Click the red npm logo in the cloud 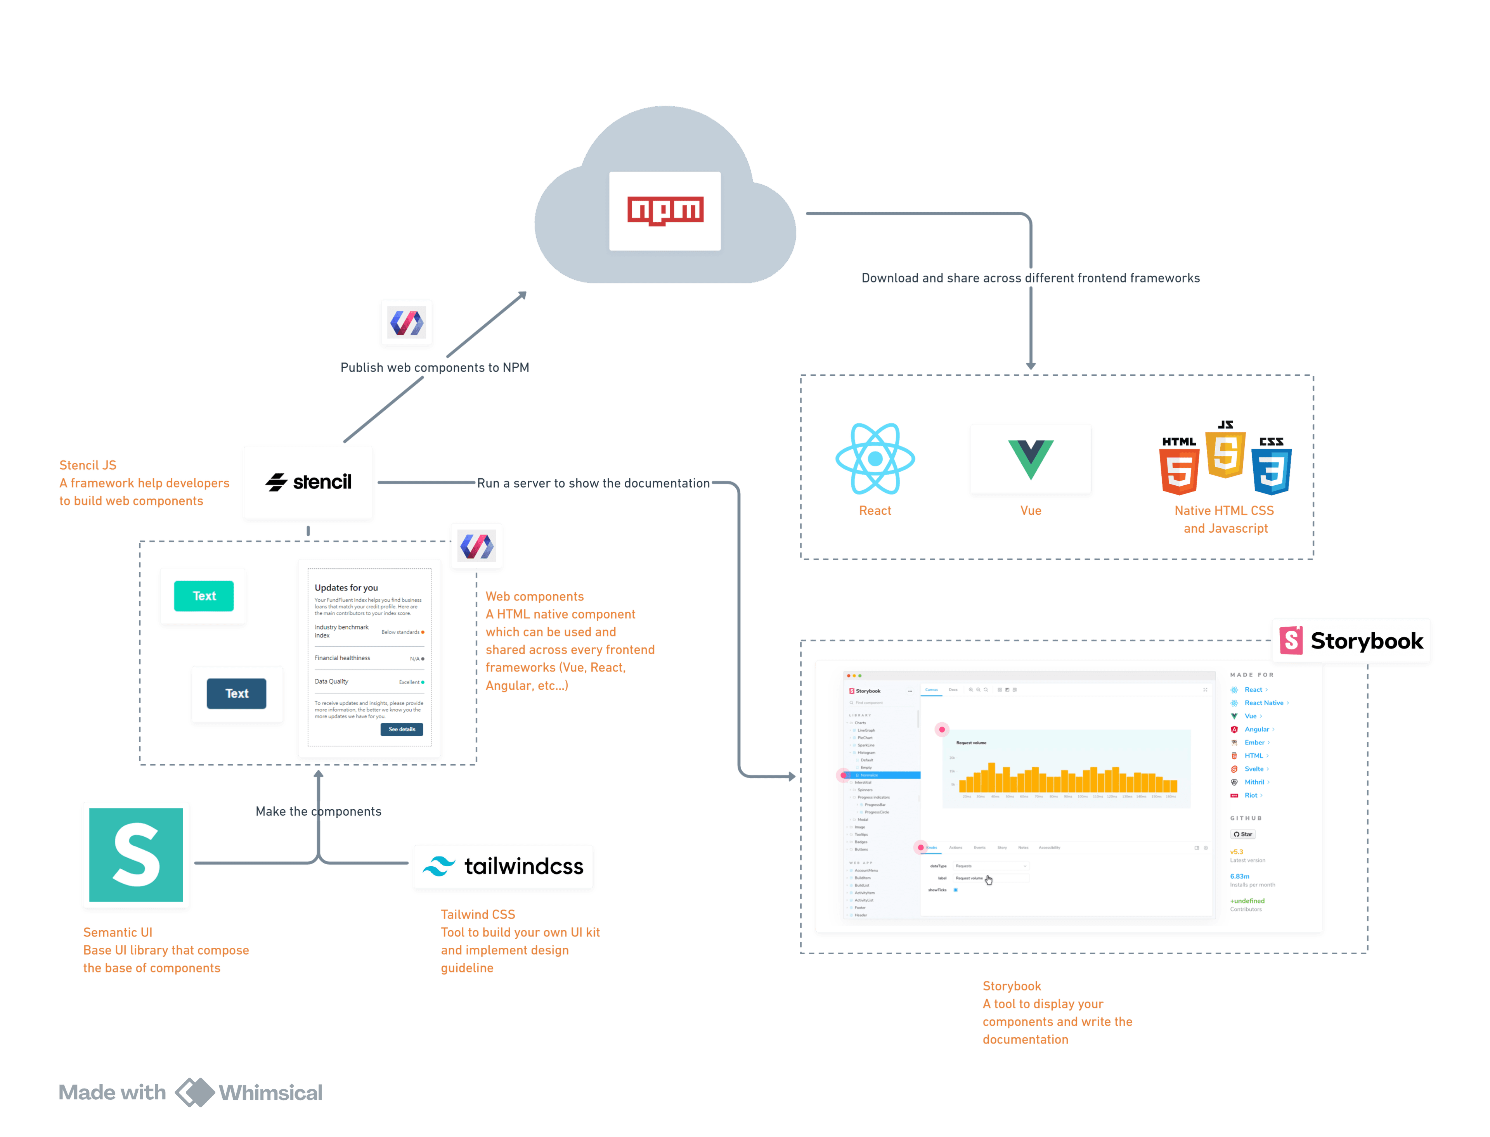click(x=665, y=211)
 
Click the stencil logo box click(x=308, y=483)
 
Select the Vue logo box click(x=1030, y=460)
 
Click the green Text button click(x=204, y=595)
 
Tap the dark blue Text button click(x=236, y=694)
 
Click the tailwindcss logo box click(x=503, y=867)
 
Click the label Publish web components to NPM click(x=434, y=367)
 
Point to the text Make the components click(x=318, y=812)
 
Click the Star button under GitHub click(x=1243, y=834)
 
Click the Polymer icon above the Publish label click(x=406, y=323)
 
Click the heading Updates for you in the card click(x=346, y=587)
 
